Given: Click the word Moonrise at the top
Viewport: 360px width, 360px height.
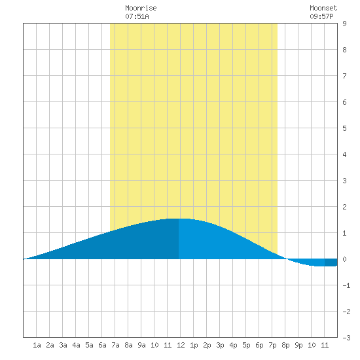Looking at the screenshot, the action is [141, 8].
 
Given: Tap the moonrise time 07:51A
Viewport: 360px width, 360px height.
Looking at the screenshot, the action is [137, 16].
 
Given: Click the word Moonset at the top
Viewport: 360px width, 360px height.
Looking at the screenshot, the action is [323, 8].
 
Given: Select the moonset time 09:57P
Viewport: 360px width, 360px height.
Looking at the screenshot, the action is [321, 16].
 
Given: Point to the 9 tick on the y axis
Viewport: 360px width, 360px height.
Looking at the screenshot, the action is [344, 24].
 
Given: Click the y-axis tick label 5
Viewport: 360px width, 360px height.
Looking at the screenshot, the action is [344, 128].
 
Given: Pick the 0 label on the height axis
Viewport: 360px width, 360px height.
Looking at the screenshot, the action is [344, 259].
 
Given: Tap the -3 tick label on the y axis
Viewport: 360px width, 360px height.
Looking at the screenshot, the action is [346, 338].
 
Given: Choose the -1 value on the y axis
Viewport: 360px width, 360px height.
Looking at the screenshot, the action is [346, 285].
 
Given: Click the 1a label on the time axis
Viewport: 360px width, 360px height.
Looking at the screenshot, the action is [37, 345].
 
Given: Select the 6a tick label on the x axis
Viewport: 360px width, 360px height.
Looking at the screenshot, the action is [102, 345].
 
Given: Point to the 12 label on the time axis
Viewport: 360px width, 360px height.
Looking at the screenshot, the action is [181, 345].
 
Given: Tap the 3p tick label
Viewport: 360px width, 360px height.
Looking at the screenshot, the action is [220, 345].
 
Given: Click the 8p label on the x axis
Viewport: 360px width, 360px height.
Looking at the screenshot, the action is [285, 345].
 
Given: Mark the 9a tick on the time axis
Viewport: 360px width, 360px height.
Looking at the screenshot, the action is [141, 345].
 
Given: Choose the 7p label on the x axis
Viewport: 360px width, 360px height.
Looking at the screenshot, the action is [272, 345].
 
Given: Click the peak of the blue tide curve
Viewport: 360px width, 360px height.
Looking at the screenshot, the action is [179, 219].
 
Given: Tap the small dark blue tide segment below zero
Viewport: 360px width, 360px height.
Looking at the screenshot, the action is [331, 262].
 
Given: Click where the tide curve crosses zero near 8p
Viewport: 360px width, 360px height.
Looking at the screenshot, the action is [286, 259].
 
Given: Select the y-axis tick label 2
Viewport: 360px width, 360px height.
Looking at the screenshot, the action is [344, 207].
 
